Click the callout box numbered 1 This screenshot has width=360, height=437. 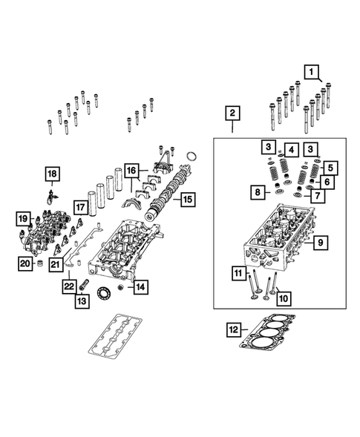(313, 72)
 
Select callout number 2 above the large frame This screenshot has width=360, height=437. (232, 114)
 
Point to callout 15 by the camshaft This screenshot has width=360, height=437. (187, 199)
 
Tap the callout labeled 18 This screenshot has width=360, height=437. (51, 174)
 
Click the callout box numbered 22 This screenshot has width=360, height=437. (68, 286)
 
